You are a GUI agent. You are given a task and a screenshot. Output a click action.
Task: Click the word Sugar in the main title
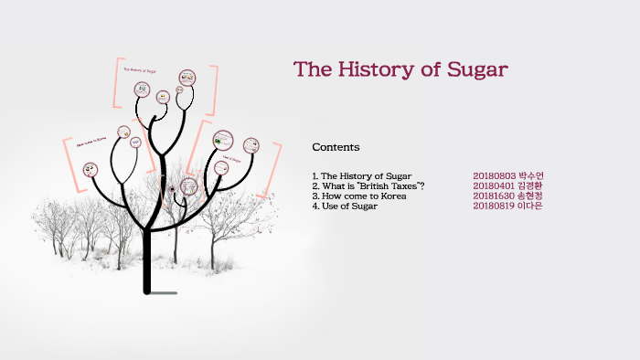click(x=475, y=69)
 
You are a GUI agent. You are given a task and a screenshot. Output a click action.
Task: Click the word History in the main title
click(x=376, y=69)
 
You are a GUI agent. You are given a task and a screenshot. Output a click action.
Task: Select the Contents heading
click(x=336, y=147)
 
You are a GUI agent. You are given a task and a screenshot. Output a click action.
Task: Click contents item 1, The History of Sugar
click(x=361, y=175)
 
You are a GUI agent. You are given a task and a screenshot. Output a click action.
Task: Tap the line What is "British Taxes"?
click(x=368, y=185)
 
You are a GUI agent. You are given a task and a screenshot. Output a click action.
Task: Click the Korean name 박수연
click(x=530, y=175)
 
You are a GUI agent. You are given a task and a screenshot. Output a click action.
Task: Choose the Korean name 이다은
click(x=530, y=206)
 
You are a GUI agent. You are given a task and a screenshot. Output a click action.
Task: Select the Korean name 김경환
click(x=530, y=185)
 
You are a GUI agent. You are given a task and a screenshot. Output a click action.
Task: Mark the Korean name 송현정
click(x=530, y=196)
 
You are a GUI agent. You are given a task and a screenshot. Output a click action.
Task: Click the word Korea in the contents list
click(x=390, y=196)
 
